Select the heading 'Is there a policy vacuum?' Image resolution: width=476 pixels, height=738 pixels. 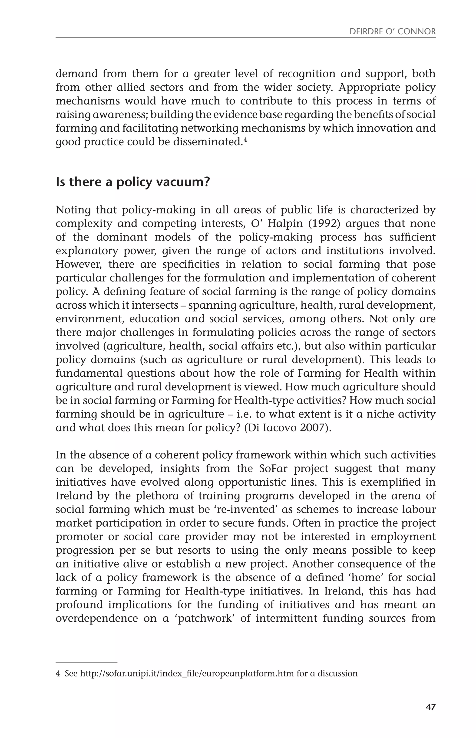(x=133, y=182)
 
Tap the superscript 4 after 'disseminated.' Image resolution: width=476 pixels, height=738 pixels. (x=245, y=140)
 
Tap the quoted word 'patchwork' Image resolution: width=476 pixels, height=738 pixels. (x=205, y=618)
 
